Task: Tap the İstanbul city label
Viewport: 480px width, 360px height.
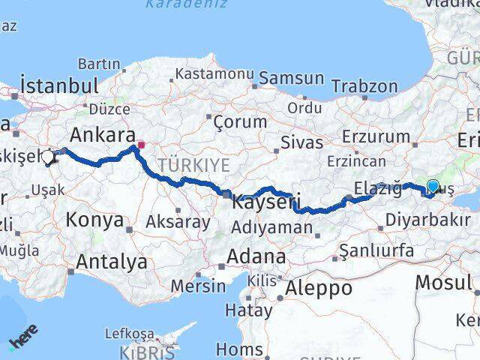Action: [x=60, y=84]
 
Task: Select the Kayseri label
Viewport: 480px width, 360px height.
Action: [x=266, y=202]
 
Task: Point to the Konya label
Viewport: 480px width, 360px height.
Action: [x=94, y=220]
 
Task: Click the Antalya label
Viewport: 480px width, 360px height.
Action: [x=112, y=262]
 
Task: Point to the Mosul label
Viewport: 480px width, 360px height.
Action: [x=444, y=283]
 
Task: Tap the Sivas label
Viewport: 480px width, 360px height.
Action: [x=302, y=142]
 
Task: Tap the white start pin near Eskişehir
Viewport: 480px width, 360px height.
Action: [x=49, y=157]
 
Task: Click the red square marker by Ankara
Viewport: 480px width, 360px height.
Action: [x=140, y=144]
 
